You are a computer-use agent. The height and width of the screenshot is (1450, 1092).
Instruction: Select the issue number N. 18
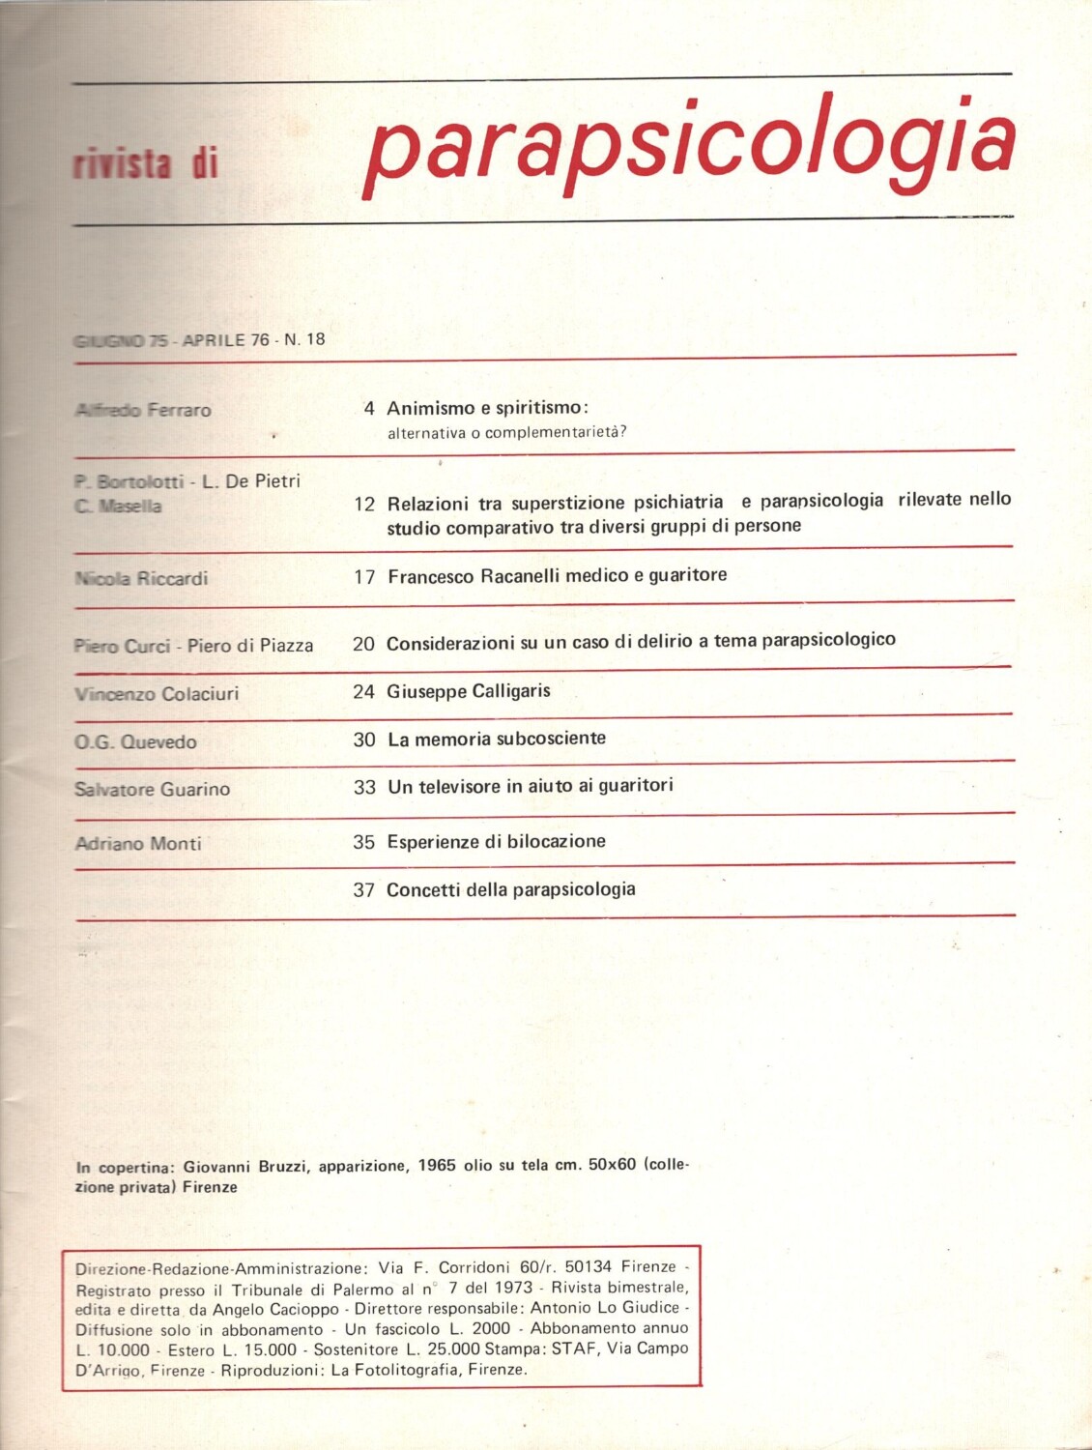304,339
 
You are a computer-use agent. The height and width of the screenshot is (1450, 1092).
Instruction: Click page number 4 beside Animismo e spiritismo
369,409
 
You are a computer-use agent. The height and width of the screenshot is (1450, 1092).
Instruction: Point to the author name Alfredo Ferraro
143,410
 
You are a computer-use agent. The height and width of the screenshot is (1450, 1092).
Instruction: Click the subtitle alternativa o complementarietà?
506,432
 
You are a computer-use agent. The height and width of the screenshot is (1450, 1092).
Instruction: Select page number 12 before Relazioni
364,504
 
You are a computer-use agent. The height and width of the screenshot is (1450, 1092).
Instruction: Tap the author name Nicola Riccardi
141,579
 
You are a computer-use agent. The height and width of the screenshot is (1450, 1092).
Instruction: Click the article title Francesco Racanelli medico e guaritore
557,576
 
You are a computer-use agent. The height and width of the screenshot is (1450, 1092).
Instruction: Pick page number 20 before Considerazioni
363,644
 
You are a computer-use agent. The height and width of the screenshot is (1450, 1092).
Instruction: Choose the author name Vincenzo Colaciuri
157,693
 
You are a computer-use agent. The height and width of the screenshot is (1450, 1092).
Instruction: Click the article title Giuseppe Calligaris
468,691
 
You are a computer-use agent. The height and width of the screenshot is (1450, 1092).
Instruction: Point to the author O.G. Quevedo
135,742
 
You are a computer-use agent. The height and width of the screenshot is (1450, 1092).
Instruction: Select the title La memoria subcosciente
496,739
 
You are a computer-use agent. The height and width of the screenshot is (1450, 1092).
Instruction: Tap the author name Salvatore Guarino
152,790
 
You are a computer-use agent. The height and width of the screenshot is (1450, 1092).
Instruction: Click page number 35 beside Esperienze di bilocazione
363,842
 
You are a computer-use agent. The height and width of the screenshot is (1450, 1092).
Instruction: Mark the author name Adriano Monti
138,844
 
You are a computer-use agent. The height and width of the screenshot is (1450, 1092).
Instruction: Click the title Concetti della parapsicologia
510,889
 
